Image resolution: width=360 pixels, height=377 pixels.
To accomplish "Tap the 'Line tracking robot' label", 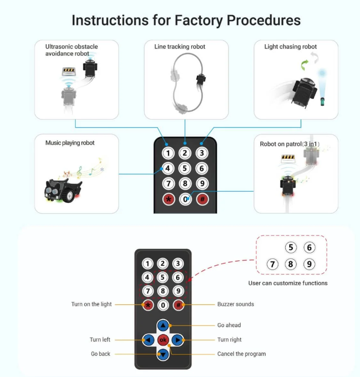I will (x=180, y=47).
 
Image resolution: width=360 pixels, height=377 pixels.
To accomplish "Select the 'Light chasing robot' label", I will (x=290, y=47).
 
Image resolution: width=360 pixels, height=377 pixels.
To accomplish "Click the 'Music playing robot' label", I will (x=70, y=143).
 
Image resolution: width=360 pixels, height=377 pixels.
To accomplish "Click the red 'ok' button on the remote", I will (x=163, y=340).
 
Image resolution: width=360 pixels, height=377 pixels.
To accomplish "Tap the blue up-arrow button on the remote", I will (x=163, y=325).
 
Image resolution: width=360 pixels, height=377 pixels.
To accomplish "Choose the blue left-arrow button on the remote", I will (x=148, y=340).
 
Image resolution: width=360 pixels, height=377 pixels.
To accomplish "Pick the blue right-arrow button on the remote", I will (x=177, y=340).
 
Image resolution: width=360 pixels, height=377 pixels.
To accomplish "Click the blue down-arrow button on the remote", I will (x=163, y=354).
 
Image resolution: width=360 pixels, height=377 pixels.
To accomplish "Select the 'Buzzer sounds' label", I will (x=235, y=304).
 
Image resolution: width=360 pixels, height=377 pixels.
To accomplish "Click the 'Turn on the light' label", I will (x=91, y=304).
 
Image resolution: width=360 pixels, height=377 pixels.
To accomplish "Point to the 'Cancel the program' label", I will (x=241, y=354).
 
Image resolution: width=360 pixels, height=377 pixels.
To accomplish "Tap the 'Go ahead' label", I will (x=229, y=325).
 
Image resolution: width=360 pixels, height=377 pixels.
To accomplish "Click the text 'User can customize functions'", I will (x=288, y=283).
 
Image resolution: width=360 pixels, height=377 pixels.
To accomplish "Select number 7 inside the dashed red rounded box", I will (x=273, y=264).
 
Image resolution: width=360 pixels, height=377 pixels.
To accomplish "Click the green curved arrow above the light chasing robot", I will (x=304, y=64).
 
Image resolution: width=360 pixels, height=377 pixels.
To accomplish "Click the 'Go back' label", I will (x=101, y=354).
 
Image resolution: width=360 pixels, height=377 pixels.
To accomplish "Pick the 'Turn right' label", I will (x=230, y=340).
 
